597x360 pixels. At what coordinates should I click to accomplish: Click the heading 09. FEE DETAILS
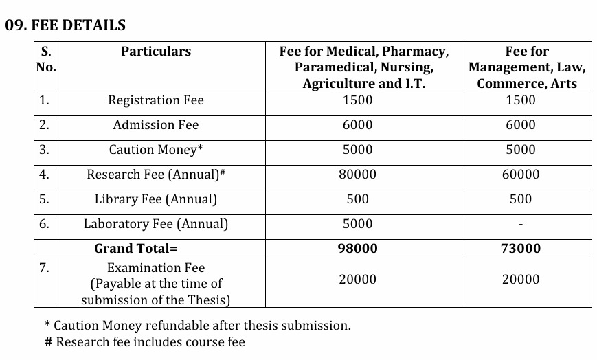(x=65, y=25)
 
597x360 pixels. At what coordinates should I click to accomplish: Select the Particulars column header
(x=156, y=52)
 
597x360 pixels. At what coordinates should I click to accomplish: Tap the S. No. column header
(x=46, y=59)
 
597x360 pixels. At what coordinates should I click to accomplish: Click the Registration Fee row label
(x=156, y=100)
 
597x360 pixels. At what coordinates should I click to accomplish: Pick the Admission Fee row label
(x=156, y=125)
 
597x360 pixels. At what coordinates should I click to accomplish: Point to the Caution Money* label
(x=156, y=150)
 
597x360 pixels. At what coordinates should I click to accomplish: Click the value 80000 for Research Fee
(x=357, y=175)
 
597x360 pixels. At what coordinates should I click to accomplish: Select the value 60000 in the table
(x=521, y=175)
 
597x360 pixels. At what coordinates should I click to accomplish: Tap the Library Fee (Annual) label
(x=156, y=199)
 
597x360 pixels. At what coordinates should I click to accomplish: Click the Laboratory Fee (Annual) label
(x=156, y=224)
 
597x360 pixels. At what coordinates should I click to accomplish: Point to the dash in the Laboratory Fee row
(x=521, y=225)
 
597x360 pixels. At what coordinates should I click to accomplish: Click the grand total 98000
(x=357, y=249)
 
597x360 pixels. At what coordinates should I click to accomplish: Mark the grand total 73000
(x=521, y=249)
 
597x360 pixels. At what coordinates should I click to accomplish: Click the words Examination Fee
(x=156, y=268)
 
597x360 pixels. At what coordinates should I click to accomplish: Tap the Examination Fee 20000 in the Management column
(x=521, y=280)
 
